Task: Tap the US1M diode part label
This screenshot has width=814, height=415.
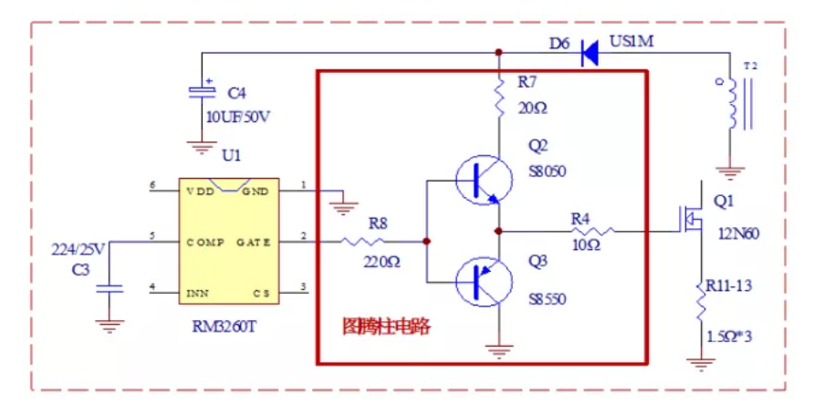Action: click(632, 41)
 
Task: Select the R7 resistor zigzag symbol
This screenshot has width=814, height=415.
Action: click(499, 96)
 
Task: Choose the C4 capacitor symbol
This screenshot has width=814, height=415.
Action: click(200, 90)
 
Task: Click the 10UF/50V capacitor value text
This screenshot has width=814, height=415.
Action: click(240, 117)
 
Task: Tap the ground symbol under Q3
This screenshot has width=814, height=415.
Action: click(499, 348)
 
